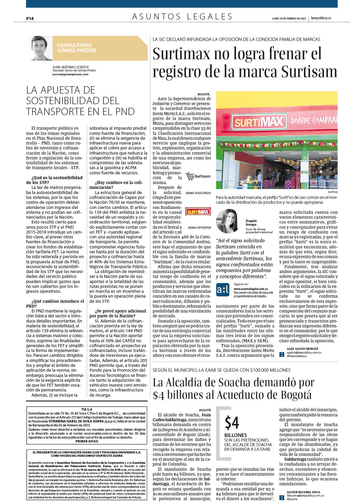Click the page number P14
(30, 18)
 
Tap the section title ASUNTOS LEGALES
(182, 16)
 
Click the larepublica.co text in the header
(321, 18)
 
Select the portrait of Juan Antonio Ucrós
(39, 48)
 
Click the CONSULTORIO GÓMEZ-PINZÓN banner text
(76, 48)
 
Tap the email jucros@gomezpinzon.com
(70, 74)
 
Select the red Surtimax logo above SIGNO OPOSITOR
(198, 212)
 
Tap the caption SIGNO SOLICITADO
(198, 193)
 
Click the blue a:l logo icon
(223, 290)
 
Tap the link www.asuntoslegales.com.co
(251, 289)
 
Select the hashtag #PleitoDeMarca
(296, 356)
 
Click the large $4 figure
(232, 423)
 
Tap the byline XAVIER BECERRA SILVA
(303, 492)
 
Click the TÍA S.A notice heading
(87, 409)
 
